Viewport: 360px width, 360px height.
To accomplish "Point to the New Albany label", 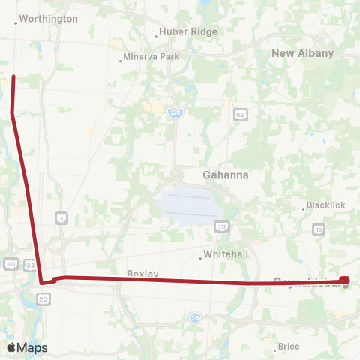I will click(302, 53).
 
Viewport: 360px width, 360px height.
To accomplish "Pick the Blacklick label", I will click(325, 206).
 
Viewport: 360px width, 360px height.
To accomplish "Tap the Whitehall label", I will click(226, 254).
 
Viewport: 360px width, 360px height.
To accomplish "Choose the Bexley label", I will click(142, 274).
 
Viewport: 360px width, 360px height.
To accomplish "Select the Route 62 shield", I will click(240, 113).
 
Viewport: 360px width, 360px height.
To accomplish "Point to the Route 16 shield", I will click(319, 229).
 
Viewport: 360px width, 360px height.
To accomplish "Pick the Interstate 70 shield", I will click(195, 318).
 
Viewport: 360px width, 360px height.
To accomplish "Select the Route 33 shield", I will click(30, 264).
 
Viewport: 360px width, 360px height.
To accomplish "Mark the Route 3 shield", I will click(61, 218).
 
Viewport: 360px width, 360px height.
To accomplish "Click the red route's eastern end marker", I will click(344, 280).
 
